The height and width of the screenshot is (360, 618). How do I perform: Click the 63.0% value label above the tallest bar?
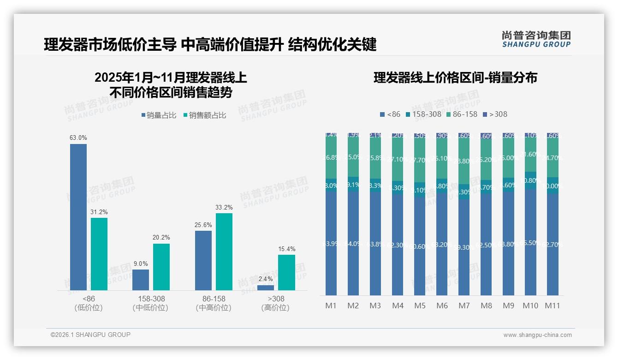click(78, 138)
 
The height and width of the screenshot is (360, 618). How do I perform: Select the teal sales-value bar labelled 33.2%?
click(224, 252)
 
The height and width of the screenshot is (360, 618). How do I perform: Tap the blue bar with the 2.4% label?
click(266, 288)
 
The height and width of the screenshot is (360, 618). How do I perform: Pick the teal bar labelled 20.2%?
click(161, 267)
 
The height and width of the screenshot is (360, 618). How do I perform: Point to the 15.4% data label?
click(286, 249)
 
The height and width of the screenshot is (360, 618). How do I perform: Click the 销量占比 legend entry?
click(159, 115)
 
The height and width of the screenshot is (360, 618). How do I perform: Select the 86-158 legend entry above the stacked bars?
click(461, 114)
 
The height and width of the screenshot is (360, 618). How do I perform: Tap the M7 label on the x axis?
click(464, 306)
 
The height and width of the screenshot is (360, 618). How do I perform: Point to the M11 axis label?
click(553, 306)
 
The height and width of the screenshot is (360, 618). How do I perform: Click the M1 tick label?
click(331, 306)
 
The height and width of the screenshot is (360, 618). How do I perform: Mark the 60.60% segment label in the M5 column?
click(420, 246)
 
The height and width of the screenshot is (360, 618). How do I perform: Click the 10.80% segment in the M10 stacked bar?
click(530, 180)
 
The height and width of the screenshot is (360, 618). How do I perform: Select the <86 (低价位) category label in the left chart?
click(88, 303)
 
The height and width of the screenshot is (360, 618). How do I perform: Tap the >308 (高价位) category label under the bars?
click(276, 303)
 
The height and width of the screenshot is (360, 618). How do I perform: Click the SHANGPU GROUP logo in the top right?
click(536, 39)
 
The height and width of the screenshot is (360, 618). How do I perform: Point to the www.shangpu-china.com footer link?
click(537, 335)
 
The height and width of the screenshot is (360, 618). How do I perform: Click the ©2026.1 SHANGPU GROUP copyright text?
click(90, 335)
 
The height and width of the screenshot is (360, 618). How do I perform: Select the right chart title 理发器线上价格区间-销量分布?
click(455, 78)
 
